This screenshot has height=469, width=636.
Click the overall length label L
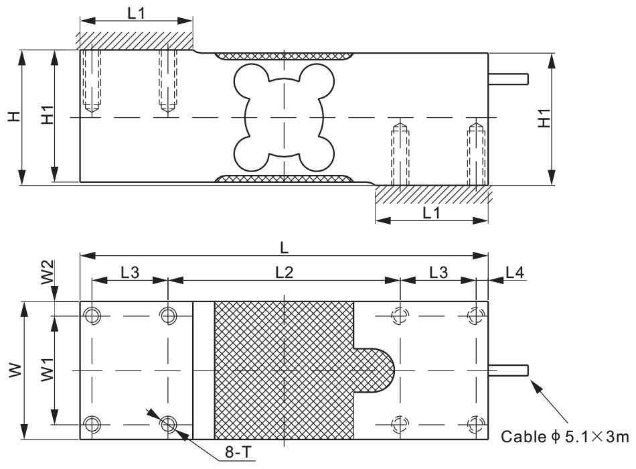pyautogui.click(x=285, y=247)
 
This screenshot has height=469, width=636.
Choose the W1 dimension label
pyautogui.click(x=47, y=370)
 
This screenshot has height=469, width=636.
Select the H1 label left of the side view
pyautogui.click(x=47, y=117)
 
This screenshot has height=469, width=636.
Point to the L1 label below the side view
pyautogui.click(x=432, y=212)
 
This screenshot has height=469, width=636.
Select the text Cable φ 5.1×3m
pyautogui.click(x=566, y=438)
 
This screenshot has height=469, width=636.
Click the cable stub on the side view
pyautogui.click(x=509, y=79)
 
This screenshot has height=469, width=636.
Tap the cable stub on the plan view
pyautogui.click(x=509, y=370)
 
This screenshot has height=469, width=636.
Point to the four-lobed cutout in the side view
pyautogui.click(x=283, y=117)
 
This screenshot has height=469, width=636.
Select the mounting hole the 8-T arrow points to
pyautogui.click(x=167, y=423)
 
